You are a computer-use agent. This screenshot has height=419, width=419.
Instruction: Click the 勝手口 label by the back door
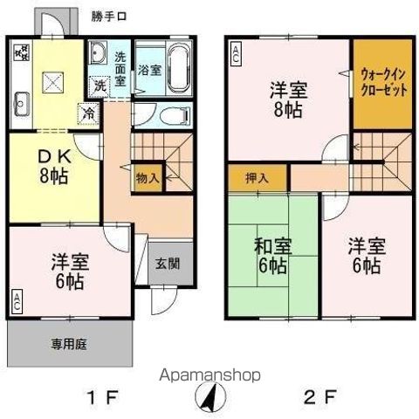[109, 17]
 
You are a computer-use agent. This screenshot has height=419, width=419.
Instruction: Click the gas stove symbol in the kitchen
[22, 52]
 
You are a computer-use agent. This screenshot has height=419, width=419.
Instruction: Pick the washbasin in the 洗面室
[98, 52]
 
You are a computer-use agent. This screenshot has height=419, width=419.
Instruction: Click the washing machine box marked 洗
[100, 86]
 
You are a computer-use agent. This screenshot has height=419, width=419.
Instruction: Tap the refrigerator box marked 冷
[88, 113]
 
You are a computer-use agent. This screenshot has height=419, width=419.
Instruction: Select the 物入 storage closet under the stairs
[148, 178]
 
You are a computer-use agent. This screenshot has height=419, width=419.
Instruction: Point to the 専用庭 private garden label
[69, 345]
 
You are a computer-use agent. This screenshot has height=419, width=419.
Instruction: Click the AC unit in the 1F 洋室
[17, 302]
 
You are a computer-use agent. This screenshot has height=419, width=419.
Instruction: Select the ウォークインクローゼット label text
[383, 83]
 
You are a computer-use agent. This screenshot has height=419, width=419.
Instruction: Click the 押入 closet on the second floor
[258, 178]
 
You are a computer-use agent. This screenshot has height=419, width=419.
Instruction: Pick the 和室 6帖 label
[272, 256]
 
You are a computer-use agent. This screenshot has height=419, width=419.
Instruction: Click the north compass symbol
[210, 397]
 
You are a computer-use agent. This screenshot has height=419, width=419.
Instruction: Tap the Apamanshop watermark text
[209, 375]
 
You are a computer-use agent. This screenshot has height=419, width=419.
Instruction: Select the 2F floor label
[320, 397]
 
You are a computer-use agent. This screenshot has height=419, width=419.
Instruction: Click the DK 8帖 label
[55, 167]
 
